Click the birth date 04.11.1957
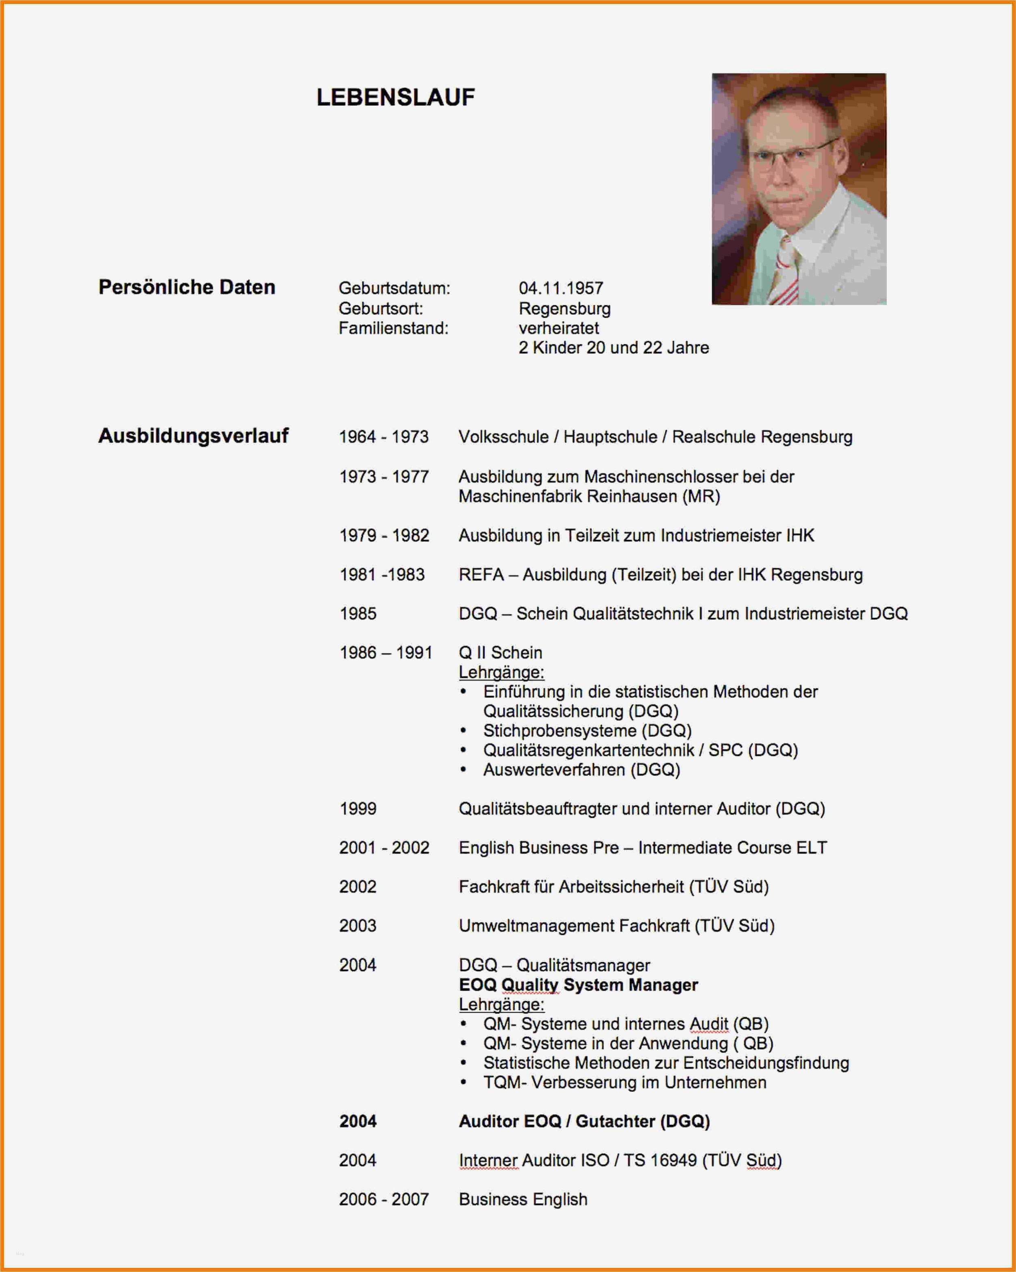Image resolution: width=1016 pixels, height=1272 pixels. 561,288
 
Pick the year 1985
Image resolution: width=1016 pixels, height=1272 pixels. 357,614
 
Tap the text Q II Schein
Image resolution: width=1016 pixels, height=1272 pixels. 500,653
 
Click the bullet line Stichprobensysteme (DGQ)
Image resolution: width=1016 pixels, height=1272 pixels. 587,730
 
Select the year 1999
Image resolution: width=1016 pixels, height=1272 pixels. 357,808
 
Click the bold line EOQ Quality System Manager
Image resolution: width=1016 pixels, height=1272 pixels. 578,984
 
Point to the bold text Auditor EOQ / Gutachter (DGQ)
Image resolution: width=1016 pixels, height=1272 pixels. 584,1121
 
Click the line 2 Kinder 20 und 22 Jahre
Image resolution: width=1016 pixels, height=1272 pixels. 613,348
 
